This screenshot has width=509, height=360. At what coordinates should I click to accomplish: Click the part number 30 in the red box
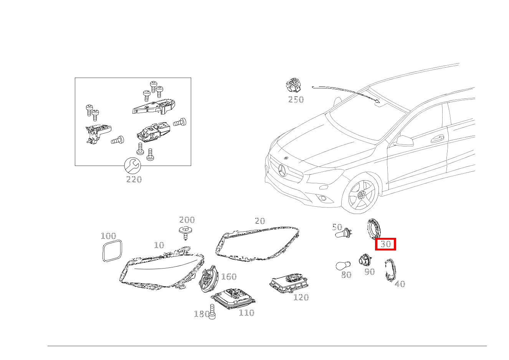(x=385, y=244)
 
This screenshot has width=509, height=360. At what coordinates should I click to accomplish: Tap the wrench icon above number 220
(x=132, y=166)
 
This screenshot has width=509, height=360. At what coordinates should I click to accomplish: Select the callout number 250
(x=296, y=100)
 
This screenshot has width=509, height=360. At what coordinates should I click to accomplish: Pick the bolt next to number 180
(x=212, y=312)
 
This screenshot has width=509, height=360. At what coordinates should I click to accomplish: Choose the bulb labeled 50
(x=343, y=234)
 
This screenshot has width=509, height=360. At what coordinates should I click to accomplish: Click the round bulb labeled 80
(x=343, y=266)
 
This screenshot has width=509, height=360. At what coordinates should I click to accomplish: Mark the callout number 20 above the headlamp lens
(x=260, y=221)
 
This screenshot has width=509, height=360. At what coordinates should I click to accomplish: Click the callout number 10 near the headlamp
(x=159, y=245)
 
